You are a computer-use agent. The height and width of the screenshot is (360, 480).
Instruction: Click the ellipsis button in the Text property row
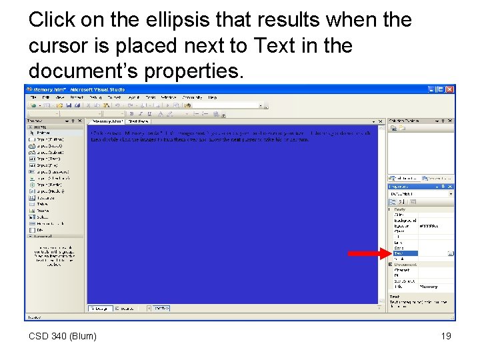451,253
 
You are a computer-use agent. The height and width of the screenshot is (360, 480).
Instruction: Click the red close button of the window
450,89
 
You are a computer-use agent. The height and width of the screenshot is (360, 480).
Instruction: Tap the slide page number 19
446,336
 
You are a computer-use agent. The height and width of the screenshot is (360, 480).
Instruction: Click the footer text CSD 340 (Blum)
63,336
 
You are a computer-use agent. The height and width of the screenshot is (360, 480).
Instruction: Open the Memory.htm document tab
108,121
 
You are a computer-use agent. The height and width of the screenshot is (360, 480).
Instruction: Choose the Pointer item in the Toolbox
41,133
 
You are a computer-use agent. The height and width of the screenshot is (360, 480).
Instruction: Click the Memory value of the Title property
429,287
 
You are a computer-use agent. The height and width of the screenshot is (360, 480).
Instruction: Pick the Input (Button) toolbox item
46,145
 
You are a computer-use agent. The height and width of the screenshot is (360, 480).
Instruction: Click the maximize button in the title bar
441,89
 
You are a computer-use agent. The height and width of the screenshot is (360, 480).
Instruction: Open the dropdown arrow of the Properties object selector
451,193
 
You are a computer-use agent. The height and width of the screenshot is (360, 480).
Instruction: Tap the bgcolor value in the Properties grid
429,226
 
